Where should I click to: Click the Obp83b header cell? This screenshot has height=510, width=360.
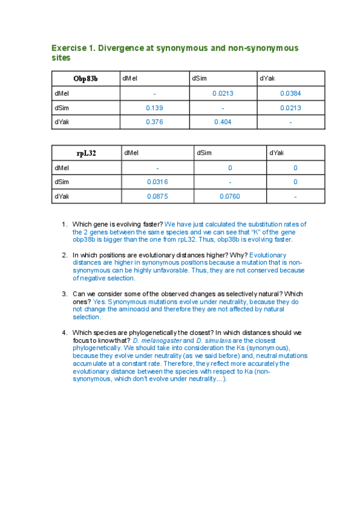[86, 78]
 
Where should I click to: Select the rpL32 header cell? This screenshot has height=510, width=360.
[86, 153]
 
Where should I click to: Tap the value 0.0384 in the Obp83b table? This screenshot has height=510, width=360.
[290, 93]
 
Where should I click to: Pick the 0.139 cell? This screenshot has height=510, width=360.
[154, 108]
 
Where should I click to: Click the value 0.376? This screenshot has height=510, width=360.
[154, 122]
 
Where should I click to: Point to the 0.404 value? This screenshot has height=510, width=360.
[222, 122]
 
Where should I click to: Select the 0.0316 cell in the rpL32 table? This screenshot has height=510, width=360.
[157, 182]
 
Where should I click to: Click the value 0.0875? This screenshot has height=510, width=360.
[157, 197]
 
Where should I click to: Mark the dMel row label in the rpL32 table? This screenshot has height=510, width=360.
[61, 168]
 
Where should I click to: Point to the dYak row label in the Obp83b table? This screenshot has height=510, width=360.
[61, 122]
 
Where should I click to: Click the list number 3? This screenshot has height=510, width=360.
[64, 294]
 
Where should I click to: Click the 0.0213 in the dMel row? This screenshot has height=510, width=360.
[222, 93]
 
